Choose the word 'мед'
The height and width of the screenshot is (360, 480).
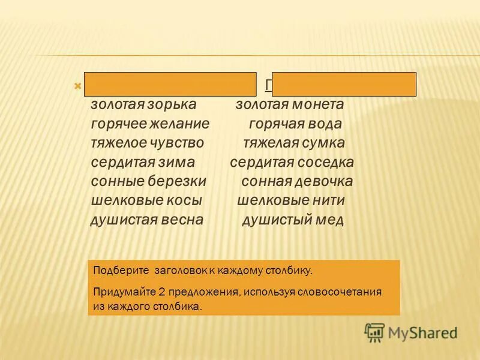(330, 220)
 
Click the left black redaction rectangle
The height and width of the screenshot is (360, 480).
(170, 85)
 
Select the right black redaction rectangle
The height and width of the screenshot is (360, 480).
(344, 85)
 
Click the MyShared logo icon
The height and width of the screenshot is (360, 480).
(374, 331)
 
